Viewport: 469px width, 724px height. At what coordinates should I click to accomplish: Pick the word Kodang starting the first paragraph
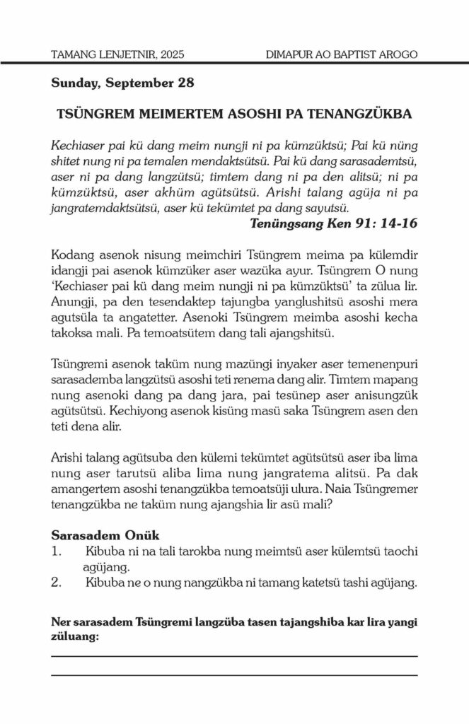tap(71, 255)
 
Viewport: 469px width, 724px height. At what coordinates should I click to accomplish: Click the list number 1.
tap(55, 549)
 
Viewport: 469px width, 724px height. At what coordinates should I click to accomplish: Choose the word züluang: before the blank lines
tap(76, 636)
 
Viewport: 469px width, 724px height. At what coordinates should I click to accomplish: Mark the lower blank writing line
tap(234, 675)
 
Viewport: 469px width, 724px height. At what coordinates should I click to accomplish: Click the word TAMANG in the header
tap(74, 54)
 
